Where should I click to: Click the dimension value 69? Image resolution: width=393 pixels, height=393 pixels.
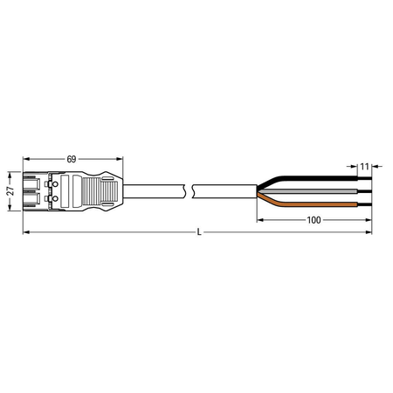[x=72, y=159]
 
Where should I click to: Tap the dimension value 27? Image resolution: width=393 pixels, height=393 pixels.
[x=10, y=191]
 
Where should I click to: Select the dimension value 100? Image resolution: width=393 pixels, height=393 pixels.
[x=314, y=220]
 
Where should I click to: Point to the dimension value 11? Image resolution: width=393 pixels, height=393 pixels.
[x=364, y=167]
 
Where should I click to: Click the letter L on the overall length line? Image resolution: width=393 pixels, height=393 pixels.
[x=199, y=232]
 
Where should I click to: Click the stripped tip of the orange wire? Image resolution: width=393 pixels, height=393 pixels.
[x=365, y=204]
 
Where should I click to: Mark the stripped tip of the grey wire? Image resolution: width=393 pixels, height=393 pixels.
[x=365, y=191]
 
